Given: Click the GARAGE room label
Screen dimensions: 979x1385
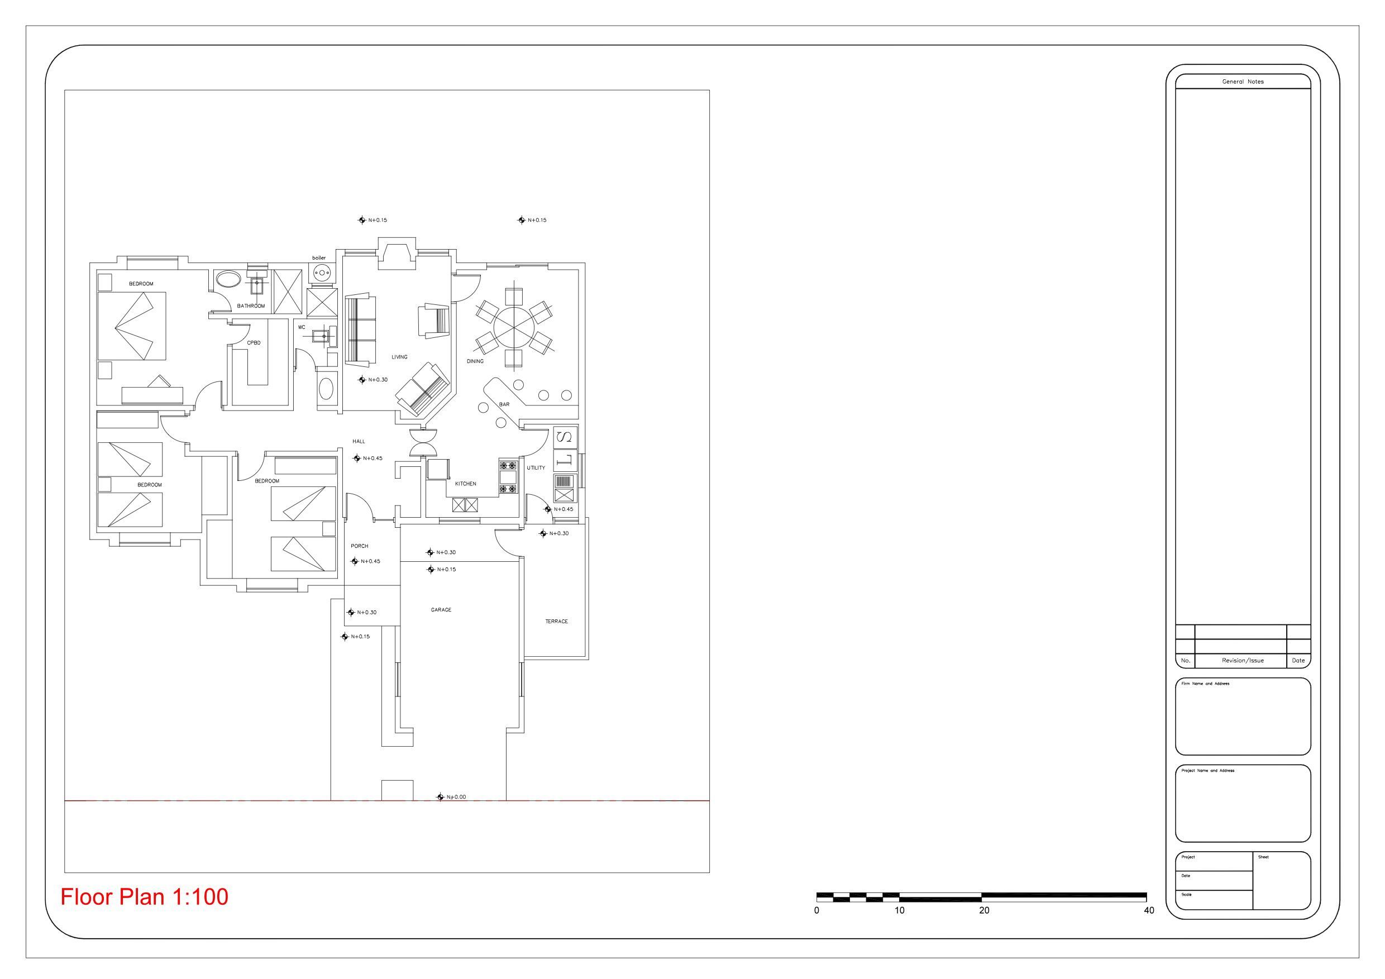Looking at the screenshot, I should click(x=441, y=610).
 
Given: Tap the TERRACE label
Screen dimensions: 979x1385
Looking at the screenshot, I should click(x=556, y=622).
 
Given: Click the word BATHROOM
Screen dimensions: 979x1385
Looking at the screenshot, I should click(x=250, y=306).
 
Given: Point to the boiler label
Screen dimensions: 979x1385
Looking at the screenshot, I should click(x=318, y=258).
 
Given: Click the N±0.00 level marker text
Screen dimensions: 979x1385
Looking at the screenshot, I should click(x=456, y=797).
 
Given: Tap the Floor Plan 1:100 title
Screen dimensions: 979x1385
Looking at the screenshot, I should click(x=144, y=897).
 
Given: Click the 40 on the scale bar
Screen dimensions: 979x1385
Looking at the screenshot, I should click(x=1149, y=911).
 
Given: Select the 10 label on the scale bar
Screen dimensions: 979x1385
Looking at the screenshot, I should click(x=899, y=911).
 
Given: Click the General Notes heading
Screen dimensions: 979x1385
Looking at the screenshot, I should click(x=1243, y=82).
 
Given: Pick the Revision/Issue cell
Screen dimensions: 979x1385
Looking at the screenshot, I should click(x=1243, y=661).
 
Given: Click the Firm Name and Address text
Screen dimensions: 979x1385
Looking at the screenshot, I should click(x=1205, y=684).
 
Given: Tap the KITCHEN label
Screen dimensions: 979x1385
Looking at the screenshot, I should click(x=465, y=484).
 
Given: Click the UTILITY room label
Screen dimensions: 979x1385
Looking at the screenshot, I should click(x=536, y=468).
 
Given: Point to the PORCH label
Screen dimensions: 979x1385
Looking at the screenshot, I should click(x=360, y=546).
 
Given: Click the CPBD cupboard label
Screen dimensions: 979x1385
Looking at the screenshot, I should click(x=254, y=342).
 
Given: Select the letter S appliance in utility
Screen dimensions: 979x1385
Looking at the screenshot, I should click(x=565, y=437).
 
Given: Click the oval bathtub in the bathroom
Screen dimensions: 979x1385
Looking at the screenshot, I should click(x=227, y=280).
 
